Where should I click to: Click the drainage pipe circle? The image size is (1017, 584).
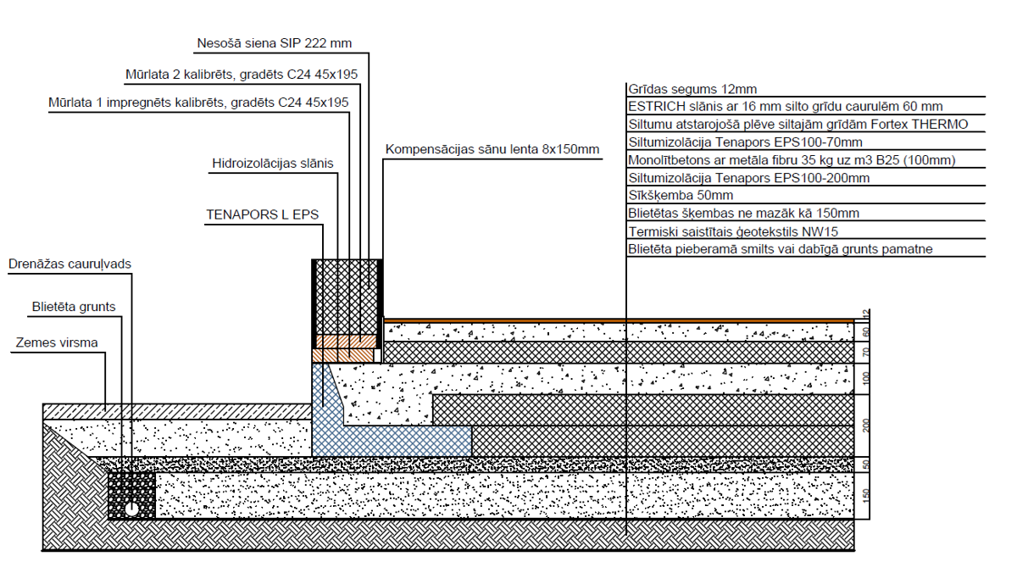pyautogui.click(x=133, y=509)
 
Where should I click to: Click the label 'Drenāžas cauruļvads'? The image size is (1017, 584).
pyautogui.click(x=69, y=264)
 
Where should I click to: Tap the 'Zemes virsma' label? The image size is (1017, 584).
pyautogui.click(x=56, y=342)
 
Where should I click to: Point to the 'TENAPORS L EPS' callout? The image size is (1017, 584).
pyautogui.click(x=262, y=214)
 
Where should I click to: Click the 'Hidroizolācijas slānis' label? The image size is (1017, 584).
pyautogui.click(x=272, y=163)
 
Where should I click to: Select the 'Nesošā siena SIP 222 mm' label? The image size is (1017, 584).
pyautogui.click(x=274, y=42)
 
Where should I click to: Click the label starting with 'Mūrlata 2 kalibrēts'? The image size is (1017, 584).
pyautogui.click(x=241, y=75)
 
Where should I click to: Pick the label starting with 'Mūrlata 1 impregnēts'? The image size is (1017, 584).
pyautogui.click(x=198, y=103)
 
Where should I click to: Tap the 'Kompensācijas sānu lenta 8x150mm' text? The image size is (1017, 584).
pyautogui.click(x=492, y=149)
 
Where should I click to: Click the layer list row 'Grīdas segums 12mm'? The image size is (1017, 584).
pyautogui.click(x=692, y=89)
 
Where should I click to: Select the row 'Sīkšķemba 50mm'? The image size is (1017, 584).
pyautogui.click(x=680, y=196)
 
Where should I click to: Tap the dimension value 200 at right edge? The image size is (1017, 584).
pyautogui.click(x=865, y=425)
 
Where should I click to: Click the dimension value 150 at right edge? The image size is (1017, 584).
pyautogui.click(x=865, y=495)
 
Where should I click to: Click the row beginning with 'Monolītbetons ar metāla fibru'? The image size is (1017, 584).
pyautogui.click(x=792, y=160)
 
